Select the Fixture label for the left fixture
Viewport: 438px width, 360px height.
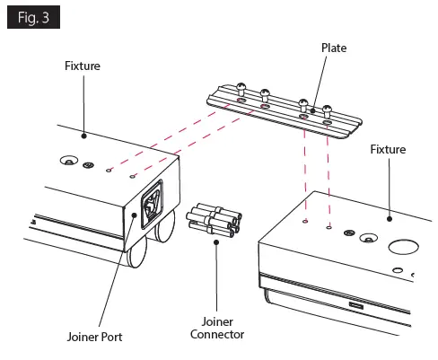pyautogui.click(x=83, y=66)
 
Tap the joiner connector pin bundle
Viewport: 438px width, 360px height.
pyautogui.click(x=212, y=220)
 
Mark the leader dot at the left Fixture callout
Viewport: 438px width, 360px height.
pyautogui.click(x=83, y=135)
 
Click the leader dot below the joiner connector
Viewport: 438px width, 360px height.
pyautogui.click(x=215, y=240)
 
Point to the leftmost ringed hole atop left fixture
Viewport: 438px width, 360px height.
pyautogui.click(x=66, y=162)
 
